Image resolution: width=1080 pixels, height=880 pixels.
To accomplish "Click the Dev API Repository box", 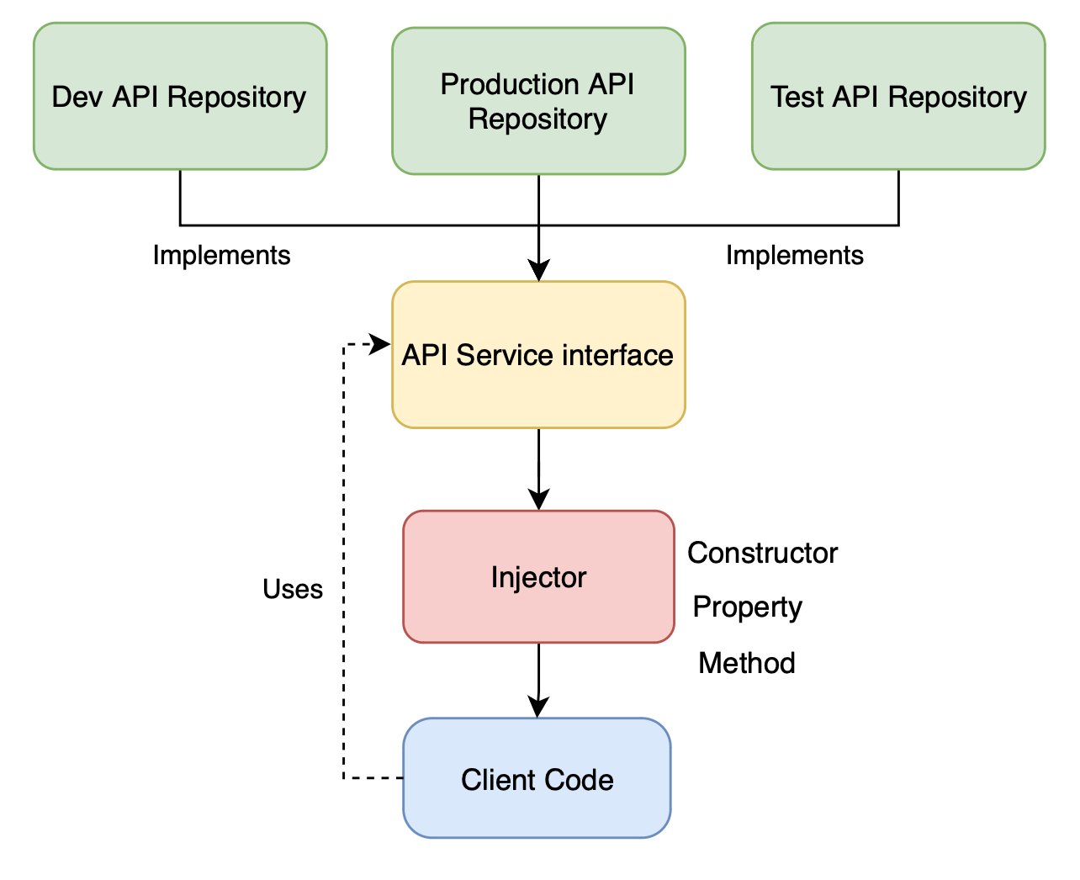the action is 180,96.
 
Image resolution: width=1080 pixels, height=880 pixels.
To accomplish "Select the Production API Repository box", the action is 538,101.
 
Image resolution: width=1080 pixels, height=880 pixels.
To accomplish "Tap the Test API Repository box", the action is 898,96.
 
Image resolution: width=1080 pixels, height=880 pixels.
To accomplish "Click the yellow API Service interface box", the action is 538,354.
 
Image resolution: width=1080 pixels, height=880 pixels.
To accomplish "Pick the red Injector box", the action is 538,576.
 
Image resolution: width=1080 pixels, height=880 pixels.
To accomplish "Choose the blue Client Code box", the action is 537,778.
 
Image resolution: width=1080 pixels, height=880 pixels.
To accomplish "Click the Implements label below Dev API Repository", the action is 221,255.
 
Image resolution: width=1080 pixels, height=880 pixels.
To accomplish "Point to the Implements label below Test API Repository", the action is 795,255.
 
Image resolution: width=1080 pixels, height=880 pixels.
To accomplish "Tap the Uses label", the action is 293,589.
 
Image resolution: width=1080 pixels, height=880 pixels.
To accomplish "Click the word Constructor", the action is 762,553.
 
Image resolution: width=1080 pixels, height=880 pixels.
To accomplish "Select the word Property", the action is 748,607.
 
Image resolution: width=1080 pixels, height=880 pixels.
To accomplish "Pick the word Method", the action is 746,663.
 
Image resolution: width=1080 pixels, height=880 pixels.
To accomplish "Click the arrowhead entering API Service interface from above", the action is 538,270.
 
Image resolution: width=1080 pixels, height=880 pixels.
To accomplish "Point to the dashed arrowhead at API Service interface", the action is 380,344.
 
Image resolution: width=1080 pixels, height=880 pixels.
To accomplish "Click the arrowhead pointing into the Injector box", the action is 538,500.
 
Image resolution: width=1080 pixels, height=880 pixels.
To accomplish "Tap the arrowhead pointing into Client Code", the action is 538,707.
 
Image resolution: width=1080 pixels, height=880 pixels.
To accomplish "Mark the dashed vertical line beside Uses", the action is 344,561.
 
